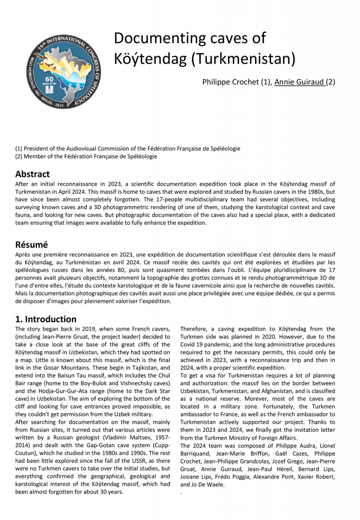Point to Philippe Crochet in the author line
coord(230,82)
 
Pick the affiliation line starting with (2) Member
coord(86,156)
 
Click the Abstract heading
coord(33,174)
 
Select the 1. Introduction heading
coord(46,319)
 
